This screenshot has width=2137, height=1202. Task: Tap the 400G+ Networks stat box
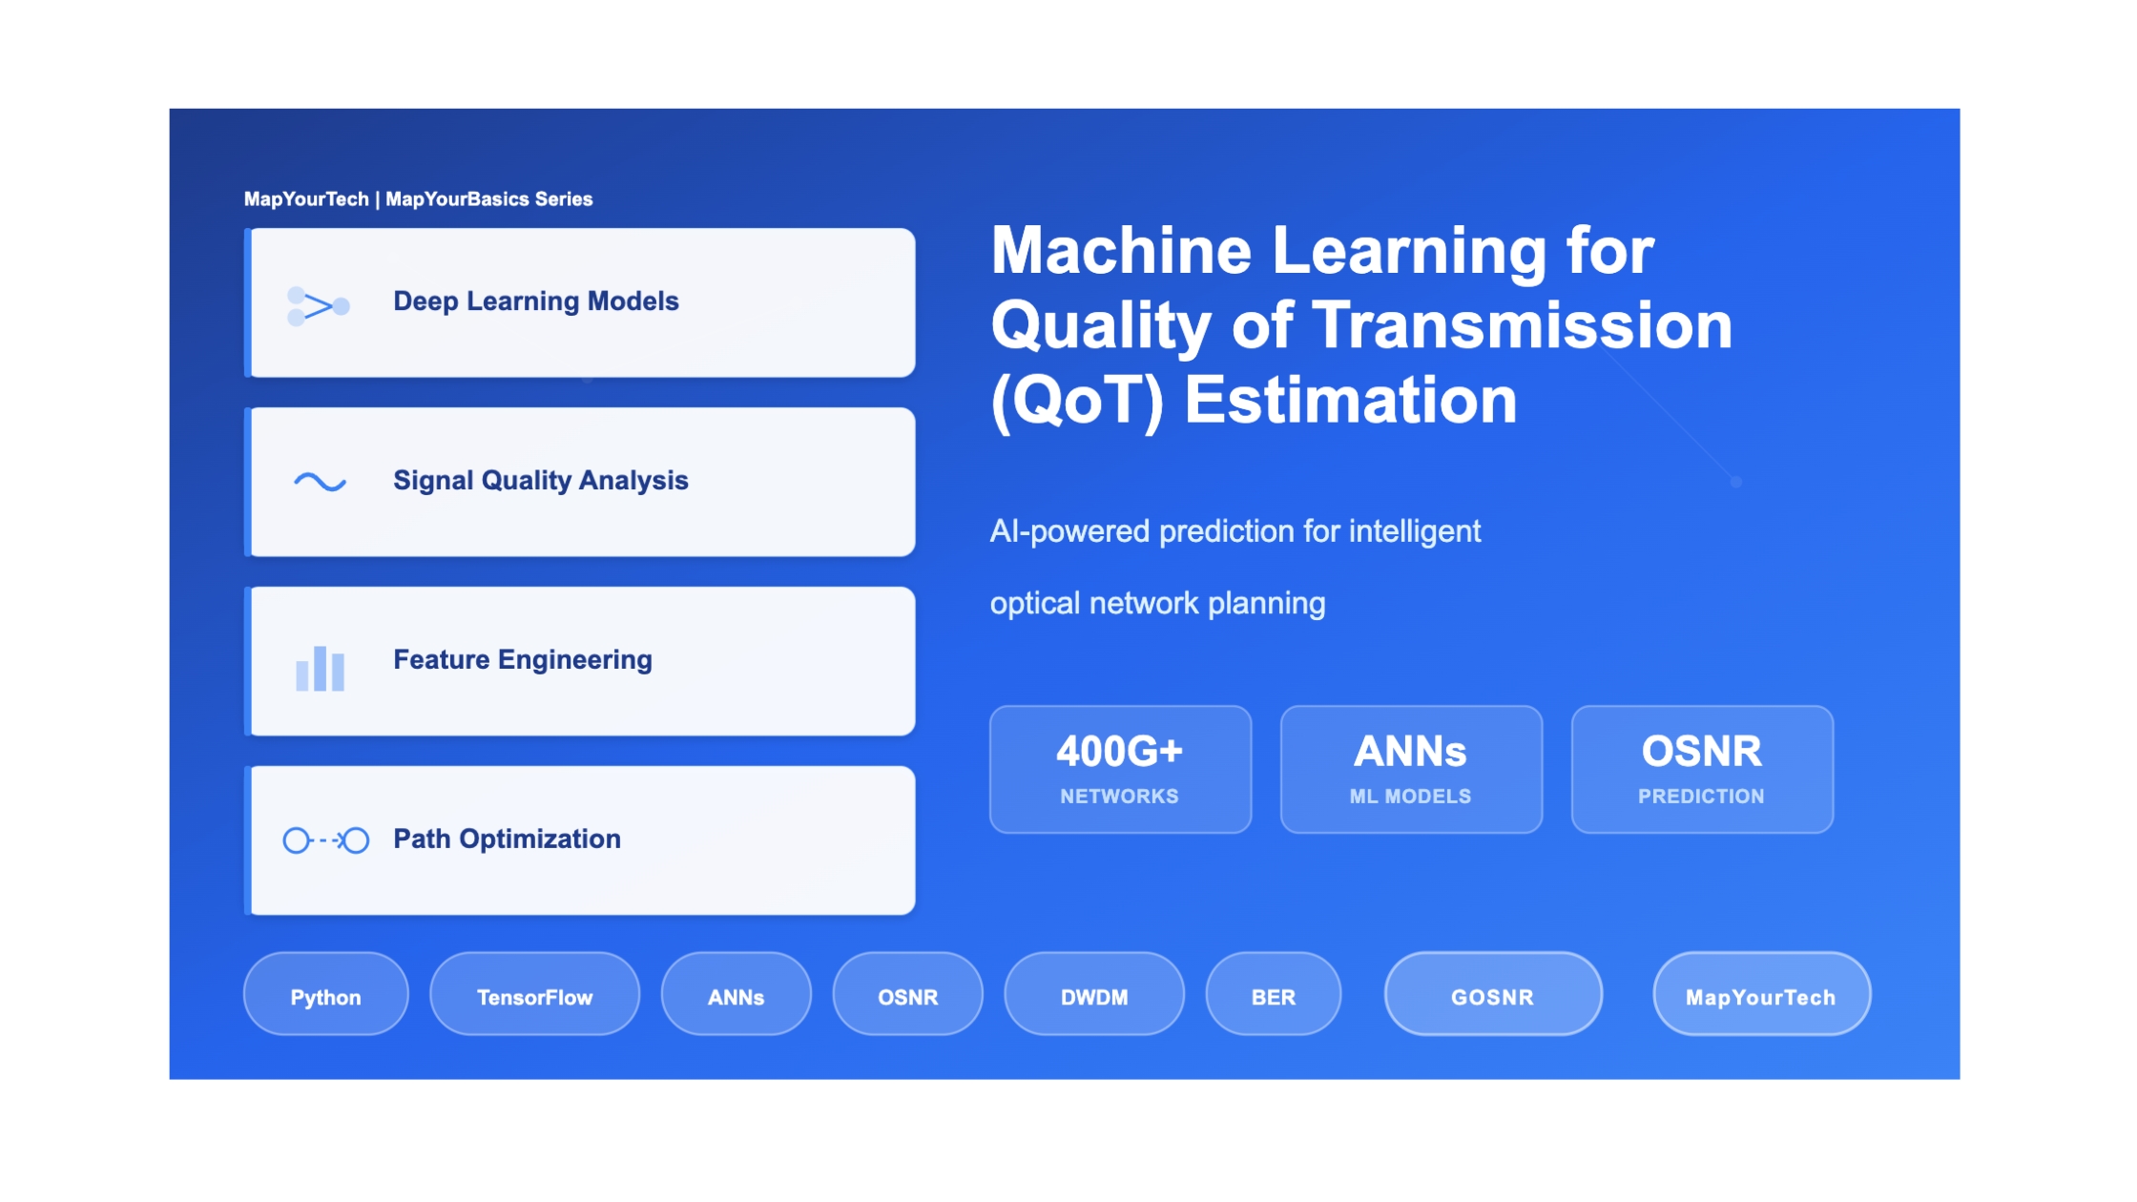coord(1120,770)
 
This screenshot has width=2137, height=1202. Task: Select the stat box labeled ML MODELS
coord(1411,770)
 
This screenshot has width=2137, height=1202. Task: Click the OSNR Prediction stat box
coord(1702,770)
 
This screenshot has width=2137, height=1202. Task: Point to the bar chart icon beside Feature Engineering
coord(320,668)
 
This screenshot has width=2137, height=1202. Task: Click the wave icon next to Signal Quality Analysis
coord(320,482)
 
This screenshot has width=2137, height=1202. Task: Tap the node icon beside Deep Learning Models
coord(319,306)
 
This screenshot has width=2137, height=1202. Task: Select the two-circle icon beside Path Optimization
coord(325,840)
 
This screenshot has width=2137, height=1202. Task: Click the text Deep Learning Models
coord(536,301)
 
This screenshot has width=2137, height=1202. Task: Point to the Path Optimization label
coord(507,839)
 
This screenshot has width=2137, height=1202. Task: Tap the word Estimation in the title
coord(1350,400)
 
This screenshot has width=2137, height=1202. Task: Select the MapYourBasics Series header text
coord(489,199)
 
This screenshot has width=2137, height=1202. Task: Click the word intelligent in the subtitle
coord(1415,531)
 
